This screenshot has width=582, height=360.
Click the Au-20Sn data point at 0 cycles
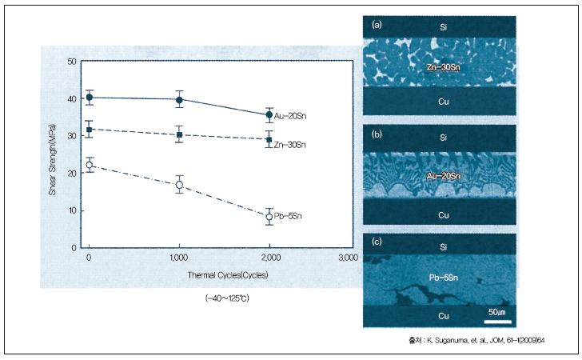90,98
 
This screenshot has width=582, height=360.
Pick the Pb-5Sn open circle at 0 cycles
90,166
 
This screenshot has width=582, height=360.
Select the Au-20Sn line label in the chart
291,117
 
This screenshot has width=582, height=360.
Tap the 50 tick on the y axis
73,62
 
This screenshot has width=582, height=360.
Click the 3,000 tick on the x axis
346,258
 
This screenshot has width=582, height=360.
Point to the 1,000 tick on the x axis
179,258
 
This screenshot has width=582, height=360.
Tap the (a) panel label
376,25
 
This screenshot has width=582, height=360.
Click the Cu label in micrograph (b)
443,215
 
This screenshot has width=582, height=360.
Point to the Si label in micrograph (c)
443,246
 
